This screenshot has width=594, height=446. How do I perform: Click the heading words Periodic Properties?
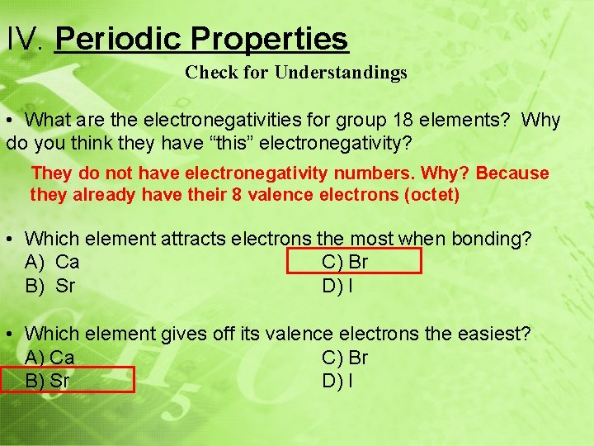click(201, 39)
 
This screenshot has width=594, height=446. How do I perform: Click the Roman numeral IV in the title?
click(26, 39)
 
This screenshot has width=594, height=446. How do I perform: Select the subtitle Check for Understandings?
click(295, 73)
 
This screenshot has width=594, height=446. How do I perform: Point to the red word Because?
click(511, 173)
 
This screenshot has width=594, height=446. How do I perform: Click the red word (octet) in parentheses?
click(431, 195)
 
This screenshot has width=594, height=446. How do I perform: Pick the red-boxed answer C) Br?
click(345, 263)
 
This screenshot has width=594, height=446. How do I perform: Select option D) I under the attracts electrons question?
click(337, 287)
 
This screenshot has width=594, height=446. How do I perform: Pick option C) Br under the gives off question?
click(345, 358)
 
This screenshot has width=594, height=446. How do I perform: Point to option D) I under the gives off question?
click(337, 381)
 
